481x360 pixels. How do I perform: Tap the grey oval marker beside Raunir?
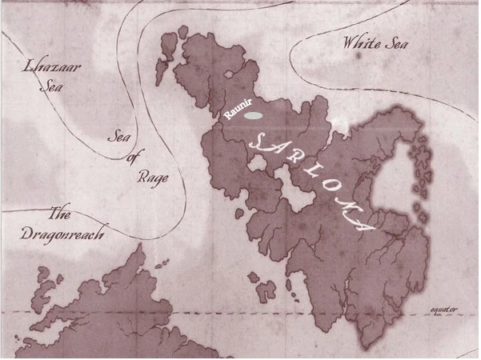[x=255, y=115]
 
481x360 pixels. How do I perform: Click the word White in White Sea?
[x=357, y=43]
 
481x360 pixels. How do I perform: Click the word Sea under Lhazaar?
[x=52, y=86]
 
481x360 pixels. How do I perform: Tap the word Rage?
[x=150, y=177]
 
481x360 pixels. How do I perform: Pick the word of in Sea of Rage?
[x=133, y=158]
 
